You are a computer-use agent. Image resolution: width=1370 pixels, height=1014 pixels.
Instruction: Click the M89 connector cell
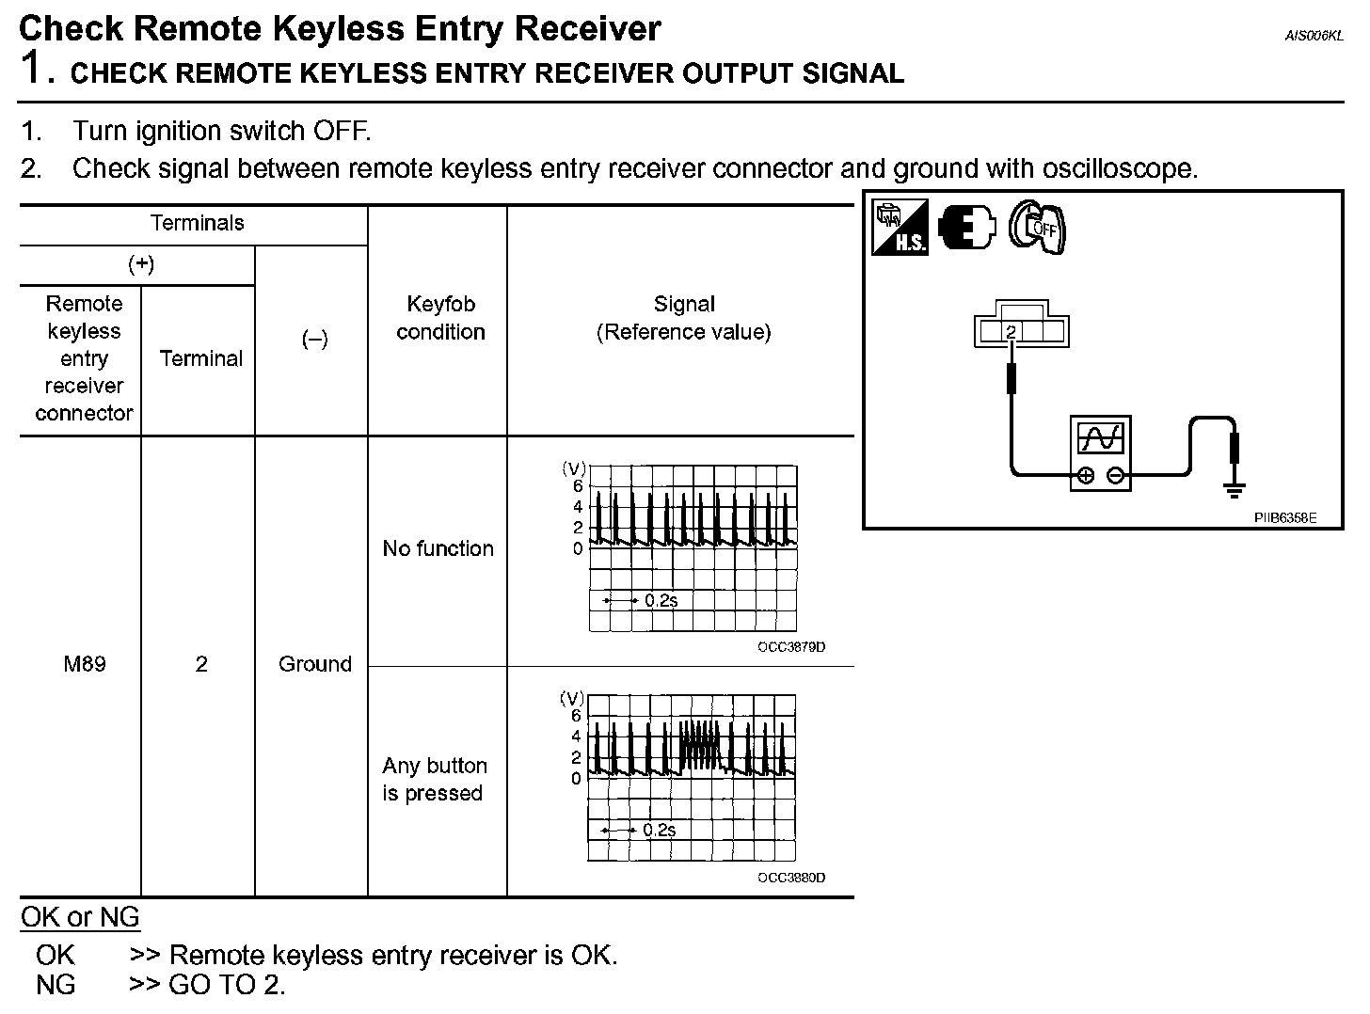(x=84, y=664)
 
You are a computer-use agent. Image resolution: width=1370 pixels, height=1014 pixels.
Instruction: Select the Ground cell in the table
(x=314, y=664)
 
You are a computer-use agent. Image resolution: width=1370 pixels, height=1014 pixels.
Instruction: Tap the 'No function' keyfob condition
(x=438, y=548)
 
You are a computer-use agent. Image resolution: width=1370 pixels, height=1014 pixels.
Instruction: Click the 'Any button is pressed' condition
(x=434, y=779)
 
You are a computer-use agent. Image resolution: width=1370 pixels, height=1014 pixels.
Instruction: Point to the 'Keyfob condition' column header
(x=439, y=318)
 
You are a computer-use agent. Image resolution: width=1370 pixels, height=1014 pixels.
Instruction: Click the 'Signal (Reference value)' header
(x=684, y=318)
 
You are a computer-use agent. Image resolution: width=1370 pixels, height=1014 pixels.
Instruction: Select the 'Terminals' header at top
(x=197, y=223)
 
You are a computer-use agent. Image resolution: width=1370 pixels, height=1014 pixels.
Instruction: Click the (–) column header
(x=314, y=339)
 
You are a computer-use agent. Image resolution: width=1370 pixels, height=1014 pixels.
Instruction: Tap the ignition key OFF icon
(x=1037, y=227)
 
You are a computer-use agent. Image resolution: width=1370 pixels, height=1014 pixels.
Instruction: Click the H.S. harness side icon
(x=900, y=227)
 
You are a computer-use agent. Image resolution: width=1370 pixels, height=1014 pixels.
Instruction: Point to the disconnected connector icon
(x=966, y=227)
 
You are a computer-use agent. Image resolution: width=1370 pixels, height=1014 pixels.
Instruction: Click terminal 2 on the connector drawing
(x=1011, y=332)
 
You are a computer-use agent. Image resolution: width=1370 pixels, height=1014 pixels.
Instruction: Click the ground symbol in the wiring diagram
(x=1235, y=488)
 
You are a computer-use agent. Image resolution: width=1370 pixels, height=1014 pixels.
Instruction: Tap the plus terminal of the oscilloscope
(x=1085, y=475)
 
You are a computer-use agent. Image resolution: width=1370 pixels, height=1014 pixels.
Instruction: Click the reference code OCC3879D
(x=790, y=647)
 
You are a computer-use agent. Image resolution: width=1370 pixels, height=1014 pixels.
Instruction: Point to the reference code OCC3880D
(x=790, y=878)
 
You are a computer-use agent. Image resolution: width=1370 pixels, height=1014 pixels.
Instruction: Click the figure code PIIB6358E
(x=1284, y=517)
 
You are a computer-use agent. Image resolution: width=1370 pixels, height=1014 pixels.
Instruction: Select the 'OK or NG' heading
(x=80, y=917)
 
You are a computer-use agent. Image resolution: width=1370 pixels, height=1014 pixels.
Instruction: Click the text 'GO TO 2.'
(x=227, y=985)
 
